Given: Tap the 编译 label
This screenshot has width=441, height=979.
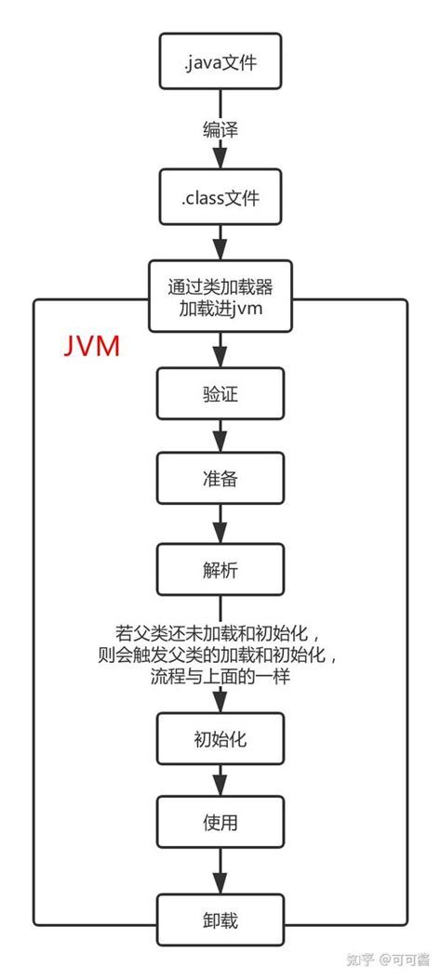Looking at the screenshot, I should click(x=220, y=129).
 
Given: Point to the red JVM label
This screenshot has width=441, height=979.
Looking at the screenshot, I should click(x=91, y=346).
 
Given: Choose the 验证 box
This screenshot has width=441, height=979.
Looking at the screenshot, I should click(x=220, y=395).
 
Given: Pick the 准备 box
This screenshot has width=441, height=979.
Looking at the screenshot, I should click(x=220, y=480).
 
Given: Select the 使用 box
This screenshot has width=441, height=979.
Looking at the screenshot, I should click(x=220, y=823).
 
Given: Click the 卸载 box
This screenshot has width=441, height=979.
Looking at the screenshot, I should click(x=220, y=920).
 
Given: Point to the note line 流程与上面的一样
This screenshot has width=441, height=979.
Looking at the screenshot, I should click(x=220, y=677).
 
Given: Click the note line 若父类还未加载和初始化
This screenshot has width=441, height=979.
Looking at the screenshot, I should click(x=220, y=635).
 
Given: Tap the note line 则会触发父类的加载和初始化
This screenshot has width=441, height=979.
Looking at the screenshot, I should click(x=220, y=655).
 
